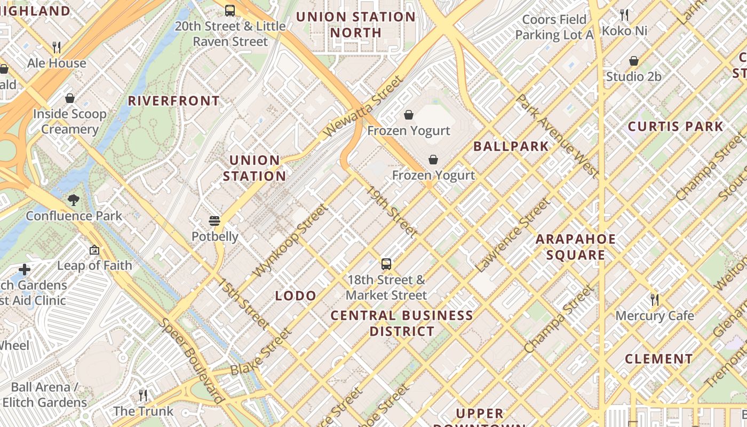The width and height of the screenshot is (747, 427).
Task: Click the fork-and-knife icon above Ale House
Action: [57, 48]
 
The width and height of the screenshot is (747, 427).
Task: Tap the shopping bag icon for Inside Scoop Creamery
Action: [70, 98]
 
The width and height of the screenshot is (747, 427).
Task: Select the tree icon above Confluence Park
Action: [74, 200]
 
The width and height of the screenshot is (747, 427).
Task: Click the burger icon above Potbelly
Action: [214, 221]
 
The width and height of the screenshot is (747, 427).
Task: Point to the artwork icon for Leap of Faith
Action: [94, 250]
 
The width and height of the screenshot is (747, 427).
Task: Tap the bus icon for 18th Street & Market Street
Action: [386, 264]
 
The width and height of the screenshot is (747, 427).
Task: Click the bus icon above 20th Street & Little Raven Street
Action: [230, 10]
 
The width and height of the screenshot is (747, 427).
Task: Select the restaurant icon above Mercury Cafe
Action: [655, 300]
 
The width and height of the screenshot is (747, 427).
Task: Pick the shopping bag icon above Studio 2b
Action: [634, 61]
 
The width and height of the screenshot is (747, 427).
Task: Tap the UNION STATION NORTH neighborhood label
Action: [356, 25]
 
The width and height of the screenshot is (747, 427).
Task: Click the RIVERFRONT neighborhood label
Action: [173, 101]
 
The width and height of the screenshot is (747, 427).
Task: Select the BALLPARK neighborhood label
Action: [511, 146]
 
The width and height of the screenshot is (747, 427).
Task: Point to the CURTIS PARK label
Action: [675, 127]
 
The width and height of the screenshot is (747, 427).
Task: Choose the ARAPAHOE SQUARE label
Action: [576, 247]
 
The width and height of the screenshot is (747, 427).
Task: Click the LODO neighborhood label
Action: [296, 296]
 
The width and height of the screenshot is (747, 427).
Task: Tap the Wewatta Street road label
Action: [363, 106]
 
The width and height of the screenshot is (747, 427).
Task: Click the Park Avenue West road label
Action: [557, 136]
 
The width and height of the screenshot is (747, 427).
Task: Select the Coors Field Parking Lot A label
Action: [554, 28]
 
